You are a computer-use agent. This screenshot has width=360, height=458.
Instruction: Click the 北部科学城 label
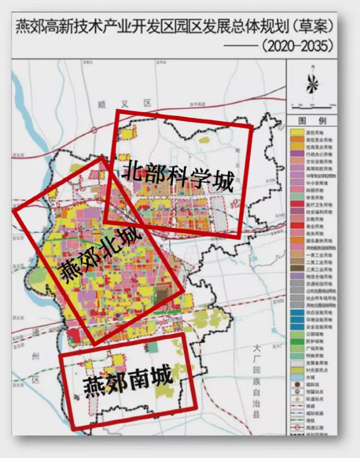coord(178,177)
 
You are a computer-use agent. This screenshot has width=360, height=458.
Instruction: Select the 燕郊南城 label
coord(127,380)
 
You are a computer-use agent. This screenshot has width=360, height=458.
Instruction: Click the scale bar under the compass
coord(314,105)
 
